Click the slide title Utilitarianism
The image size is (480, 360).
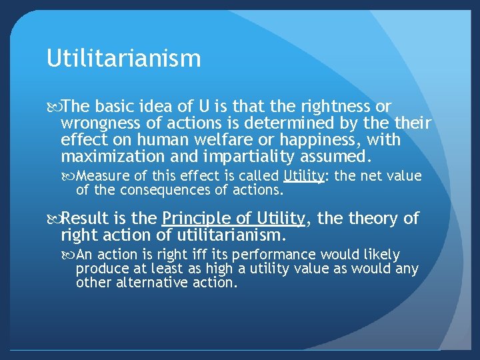pos(123,59)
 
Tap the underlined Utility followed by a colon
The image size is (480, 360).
pos(304,176)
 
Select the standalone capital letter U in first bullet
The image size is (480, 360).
pos(205,107)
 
